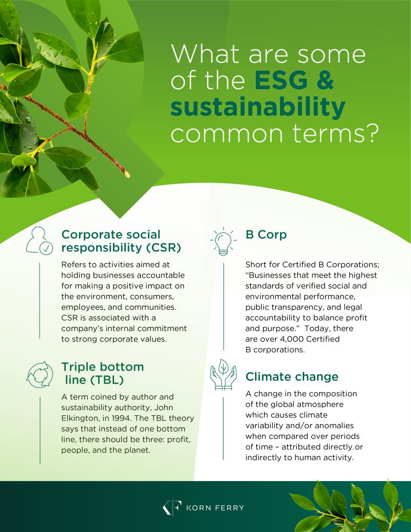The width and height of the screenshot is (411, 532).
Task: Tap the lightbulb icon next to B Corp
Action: tap(223, 241)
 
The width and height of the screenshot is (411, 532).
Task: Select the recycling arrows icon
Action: tap(40, 375)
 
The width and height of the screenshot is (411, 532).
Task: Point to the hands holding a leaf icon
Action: tap(223, 375)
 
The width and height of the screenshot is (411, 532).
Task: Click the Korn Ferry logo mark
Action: tap(172, 507)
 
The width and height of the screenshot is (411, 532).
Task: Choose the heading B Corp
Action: tap(266, 234)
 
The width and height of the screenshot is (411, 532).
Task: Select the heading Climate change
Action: tap(292, 377)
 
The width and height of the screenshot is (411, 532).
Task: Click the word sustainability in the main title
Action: tap(258, 107)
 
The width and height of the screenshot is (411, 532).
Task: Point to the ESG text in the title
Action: tap(281, 80)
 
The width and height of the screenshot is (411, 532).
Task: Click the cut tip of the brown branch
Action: tap(127, 174)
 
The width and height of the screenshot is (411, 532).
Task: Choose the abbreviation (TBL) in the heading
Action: tap(107, 380)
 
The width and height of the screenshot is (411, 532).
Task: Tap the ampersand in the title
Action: tap(325, 80)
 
